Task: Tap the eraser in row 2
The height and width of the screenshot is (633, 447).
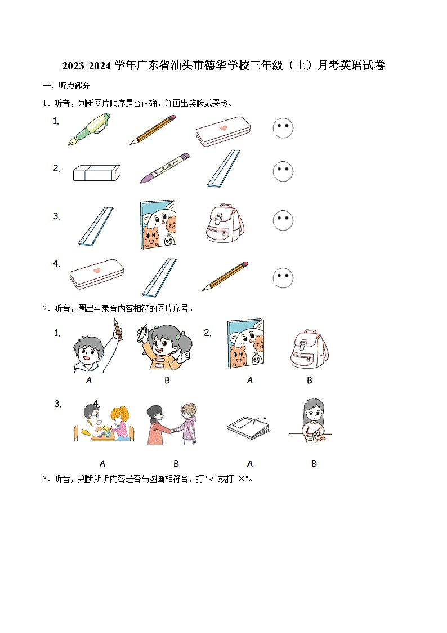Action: point(96,172)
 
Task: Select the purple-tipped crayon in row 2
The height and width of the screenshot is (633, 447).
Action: point(164,167)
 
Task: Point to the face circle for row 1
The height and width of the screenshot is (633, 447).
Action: point(283,128)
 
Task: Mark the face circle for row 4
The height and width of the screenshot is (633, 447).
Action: point(283,277)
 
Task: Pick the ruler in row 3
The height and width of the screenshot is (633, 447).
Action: point(96,226)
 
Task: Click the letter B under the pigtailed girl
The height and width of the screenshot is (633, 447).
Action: point(167,380)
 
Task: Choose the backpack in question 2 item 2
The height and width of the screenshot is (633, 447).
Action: point(309,349)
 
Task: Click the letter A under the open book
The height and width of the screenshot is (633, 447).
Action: point(250,463)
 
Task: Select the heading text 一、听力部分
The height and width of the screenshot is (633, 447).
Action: point(66,86)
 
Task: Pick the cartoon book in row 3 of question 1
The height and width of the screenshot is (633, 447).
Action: point(157,224)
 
